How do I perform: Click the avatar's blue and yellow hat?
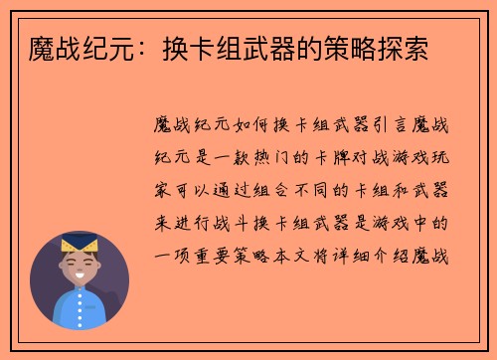coord(79,244)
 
